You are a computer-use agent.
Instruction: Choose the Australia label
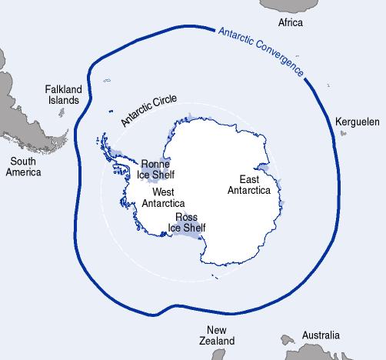point(320,336)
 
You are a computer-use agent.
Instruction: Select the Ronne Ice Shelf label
point(157,169)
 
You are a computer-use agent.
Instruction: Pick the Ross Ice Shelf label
point(188,222)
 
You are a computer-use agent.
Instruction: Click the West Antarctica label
point(162,198)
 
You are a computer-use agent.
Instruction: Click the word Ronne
point(157,164)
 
